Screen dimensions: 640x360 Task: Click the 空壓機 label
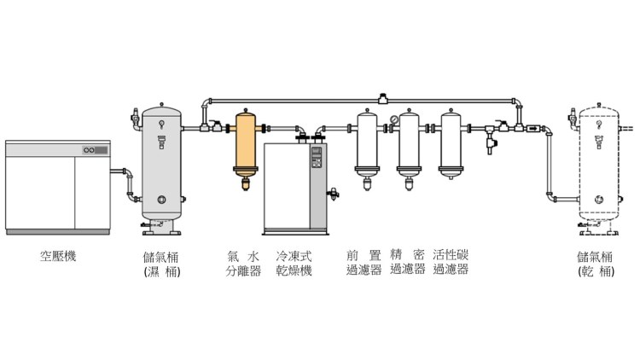point(58,256)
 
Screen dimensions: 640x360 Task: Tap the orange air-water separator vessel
point(246,148)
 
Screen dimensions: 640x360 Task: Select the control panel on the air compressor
point(96,150)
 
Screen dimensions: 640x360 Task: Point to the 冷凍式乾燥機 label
point(294,264)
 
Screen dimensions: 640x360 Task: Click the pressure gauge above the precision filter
point(394,119)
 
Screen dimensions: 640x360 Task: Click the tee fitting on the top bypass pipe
point(382,99)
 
